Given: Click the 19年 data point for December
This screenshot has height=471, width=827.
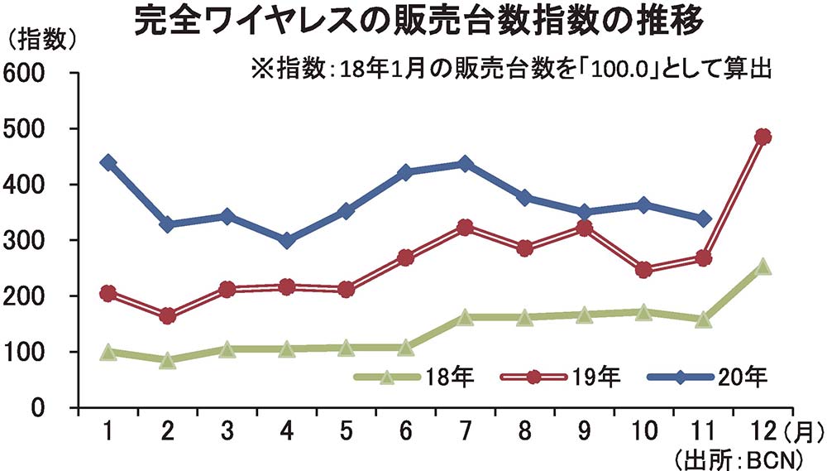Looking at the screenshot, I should [762, 137].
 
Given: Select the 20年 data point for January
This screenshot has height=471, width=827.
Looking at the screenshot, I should [108, 162].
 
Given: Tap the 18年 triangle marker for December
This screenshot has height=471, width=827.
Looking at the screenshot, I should [762, 267].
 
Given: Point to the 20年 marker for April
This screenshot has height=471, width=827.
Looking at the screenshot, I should [287, 241].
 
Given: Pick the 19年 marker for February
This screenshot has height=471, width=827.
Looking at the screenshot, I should [168, 315].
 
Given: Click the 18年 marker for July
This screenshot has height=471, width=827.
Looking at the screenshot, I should [465, 317].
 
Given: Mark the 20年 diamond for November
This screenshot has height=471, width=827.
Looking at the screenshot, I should [703, 219].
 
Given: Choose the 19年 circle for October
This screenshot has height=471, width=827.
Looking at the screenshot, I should [643, 270].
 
